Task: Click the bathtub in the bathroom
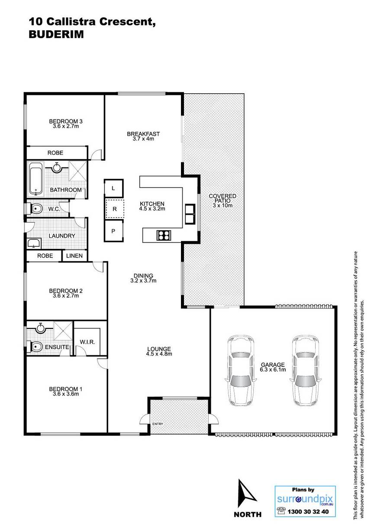pyautogui.click(x=36, y=179)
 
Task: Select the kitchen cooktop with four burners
pyautogui.click(x=164, y=235)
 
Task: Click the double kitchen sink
pyautogui.click(x=190, y=214)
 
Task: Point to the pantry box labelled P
pyautogui.click(x=113, y=231)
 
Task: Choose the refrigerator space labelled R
pyautogui.click(x=115, y=209)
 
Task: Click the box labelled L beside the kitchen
pyautogui.click(x=113, y=188)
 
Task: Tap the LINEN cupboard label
pyautogui.click(x=74, y=256)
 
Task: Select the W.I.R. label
pyautogui.click(x=87, y=342)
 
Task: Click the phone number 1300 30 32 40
pyautogui.click(x=308, y=511)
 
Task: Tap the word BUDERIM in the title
pyautogui.click(x=56, y=35)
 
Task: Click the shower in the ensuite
pyautogui.click(x=63, y=331)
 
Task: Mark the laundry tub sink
pyautogui.click(x=34, y=243)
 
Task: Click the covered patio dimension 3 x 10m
pyautogui.click(x=222, y=206)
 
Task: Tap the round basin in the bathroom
pyautogui.click(x=57, y=167)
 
